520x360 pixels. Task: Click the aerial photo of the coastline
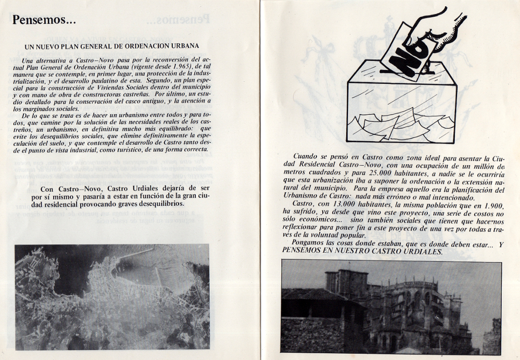point(112,296)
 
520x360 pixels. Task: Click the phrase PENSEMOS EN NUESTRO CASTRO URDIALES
point(362,251)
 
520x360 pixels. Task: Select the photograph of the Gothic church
point(391,307)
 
